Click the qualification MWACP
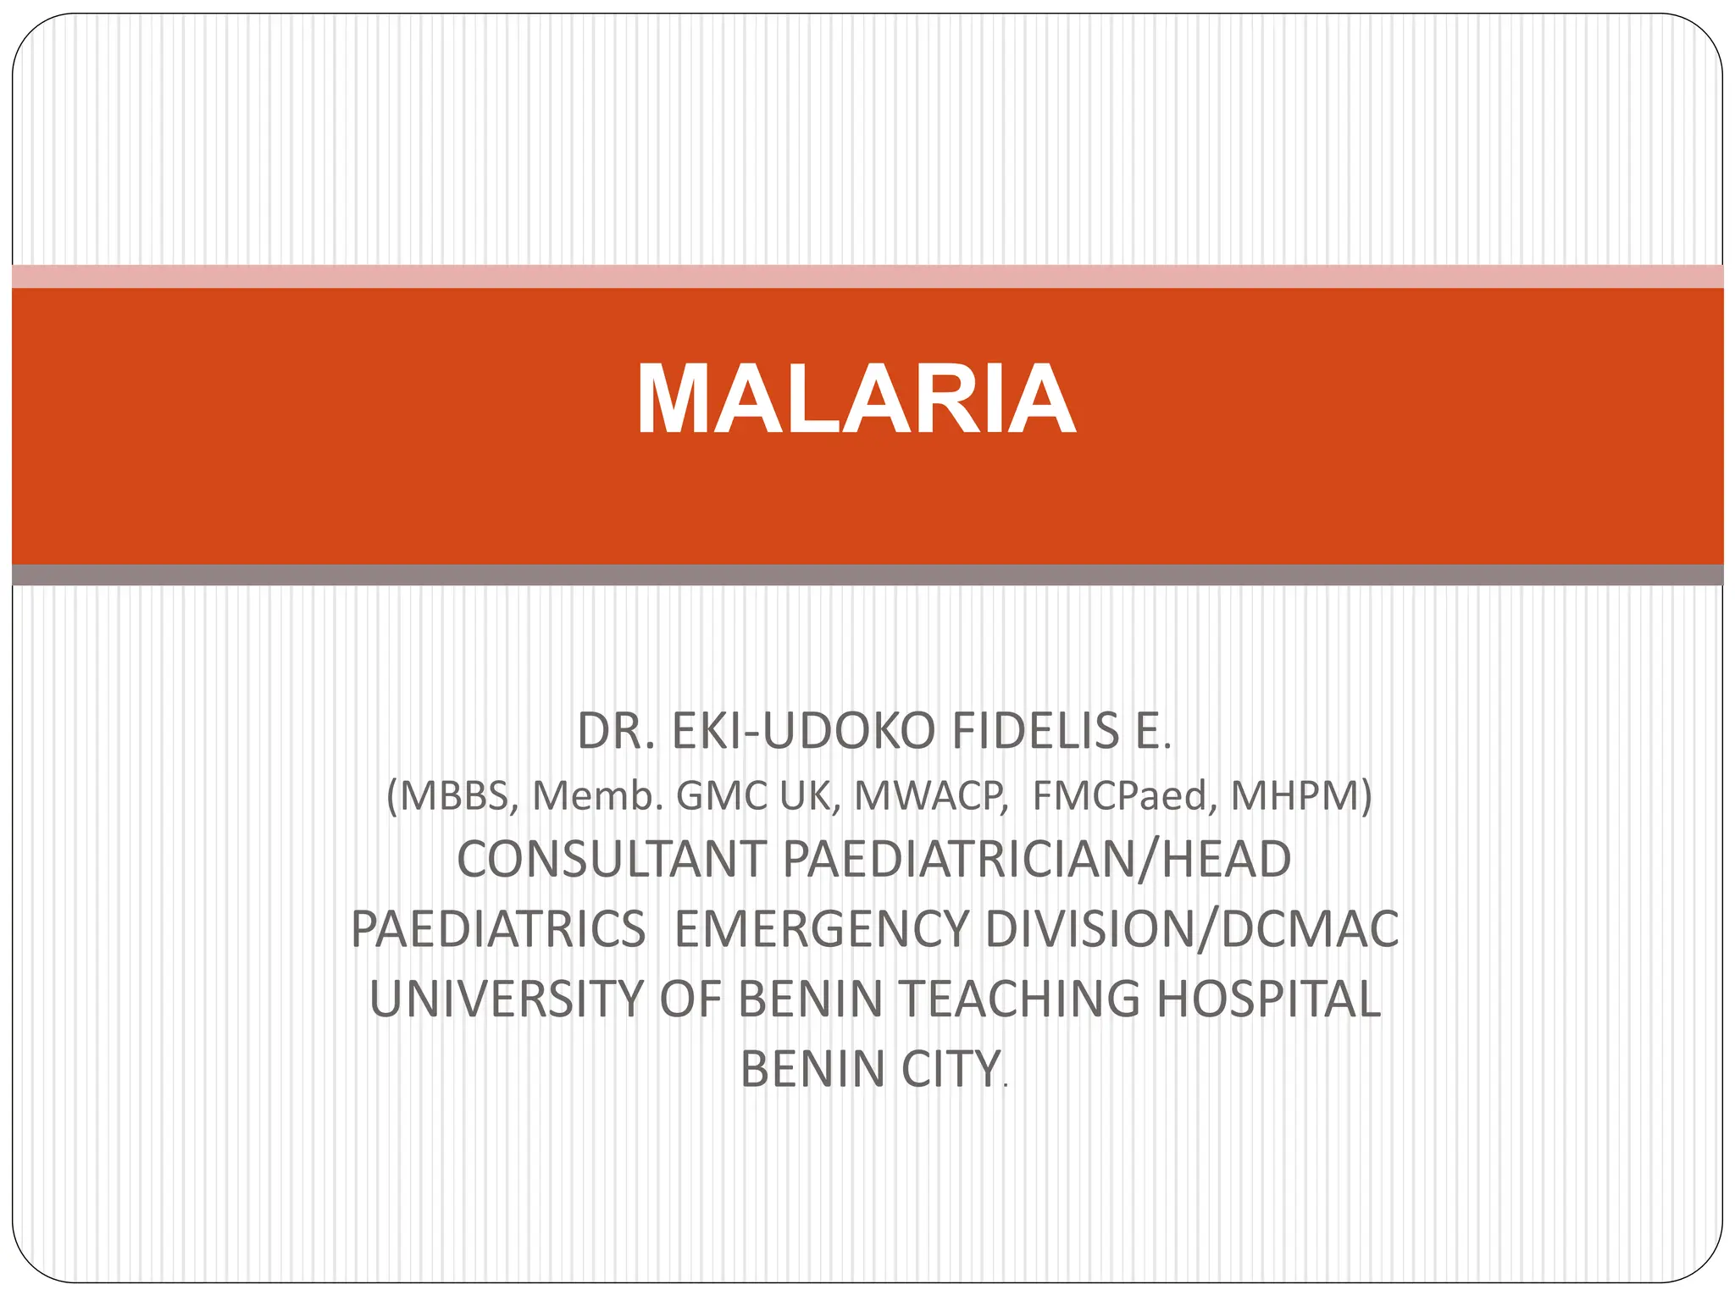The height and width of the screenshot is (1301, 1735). (x=929, y=796)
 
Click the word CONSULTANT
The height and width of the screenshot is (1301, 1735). (x=611, y=860)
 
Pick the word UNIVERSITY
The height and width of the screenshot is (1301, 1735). (x=507, y=999)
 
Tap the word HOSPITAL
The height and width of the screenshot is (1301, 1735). (x=1268, y=999)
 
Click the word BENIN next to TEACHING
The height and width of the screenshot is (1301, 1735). (x=811, y=999)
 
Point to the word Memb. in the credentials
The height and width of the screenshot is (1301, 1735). (x=596, y=796)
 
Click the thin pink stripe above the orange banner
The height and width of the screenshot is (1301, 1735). (x=867, y=276)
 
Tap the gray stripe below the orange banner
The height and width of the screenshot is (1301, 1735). (x=867, y=575)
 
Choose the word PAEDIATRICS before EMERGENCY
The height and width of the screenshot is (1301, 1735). (x=498, y=929)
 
